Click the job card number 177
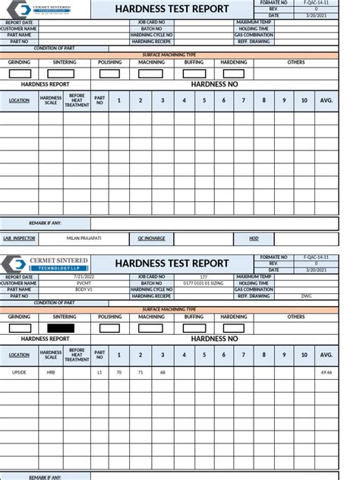(x=204, y=277)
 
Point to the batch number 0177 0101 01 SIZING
(x=204, y=283)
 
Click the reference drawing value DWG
(x=306, y=295)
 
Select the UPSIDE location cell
(x=19, y=372)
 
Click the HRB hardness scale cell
(x=50, y=372)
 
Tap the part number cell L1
(x=99, y=372)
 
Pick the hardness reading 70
(x=118, y=372)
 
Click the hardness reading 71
(x=140, y=372)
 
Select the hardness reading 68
(x=162, y=372)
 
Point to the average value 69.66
(x=327, y=372)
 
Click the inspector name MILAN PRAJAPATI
(x=84, y=238)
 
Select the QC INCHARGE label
(x=151, y=238)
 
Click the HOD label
(x=254, y=238)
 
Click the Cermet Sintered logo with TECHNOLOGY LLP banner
(x=45, y=264)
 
